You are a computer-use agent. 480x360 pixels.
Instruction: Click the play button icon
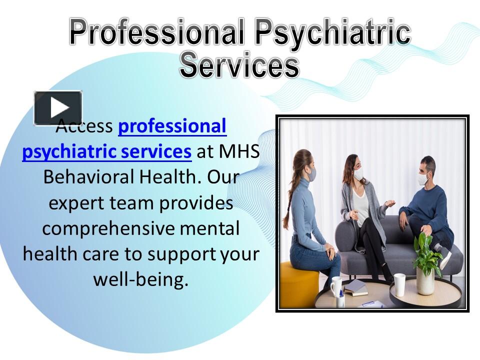tap(58, 107)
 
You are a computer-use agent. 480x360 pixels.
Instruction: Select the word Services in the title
tap(239, 65)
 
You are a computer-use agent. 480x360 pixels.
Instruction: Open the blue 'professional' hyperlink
tap(172, 126)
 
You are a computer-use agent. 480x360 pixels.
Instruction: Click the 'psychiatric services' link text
tap(106, 151)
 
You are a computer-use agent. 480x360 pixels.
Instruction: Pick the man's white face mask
tap(423, 178)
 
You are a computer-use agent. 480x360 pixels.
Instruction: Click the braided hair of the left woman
tap(288, 200)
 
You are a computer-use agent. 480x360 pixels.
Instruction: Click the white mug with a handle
tap(337, 286)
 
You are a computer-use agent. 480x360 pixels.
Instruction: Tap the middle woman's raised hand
tap(388, 203)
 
